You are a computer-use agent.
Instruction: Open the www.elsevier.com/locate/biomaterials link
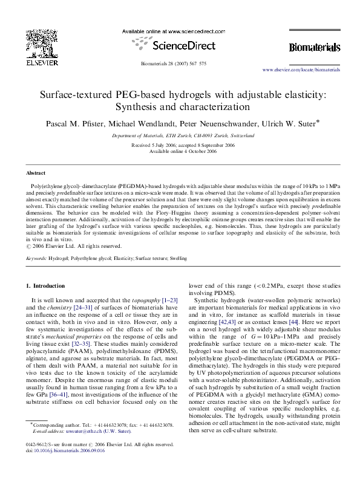click(301, 70)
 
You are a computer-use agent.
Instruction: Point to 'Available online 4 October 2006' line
click(180, 152)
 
